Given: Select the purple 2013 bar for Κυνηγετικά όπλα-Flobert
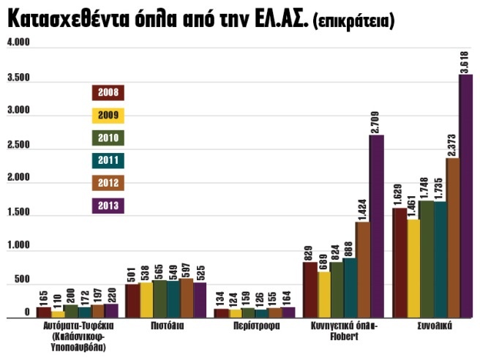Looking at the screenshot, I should [x=376, y=227].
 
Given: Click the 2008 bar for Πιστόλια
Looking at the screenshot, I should [x=132, y=301].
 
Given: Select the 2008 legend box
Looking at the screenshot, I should [x=108, y=92].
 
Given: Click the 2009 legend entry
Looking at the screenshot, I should [x=108, y=115].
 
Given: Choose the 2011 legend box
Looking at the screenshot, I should [x=108, y=160].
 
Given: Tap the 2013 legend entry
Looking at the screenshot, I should [x=108, y=206].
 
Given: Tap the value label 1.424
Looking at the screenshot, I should [x=363, y=206].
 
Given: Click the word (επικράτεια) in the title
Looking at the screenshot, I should [x=353, y=23].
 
